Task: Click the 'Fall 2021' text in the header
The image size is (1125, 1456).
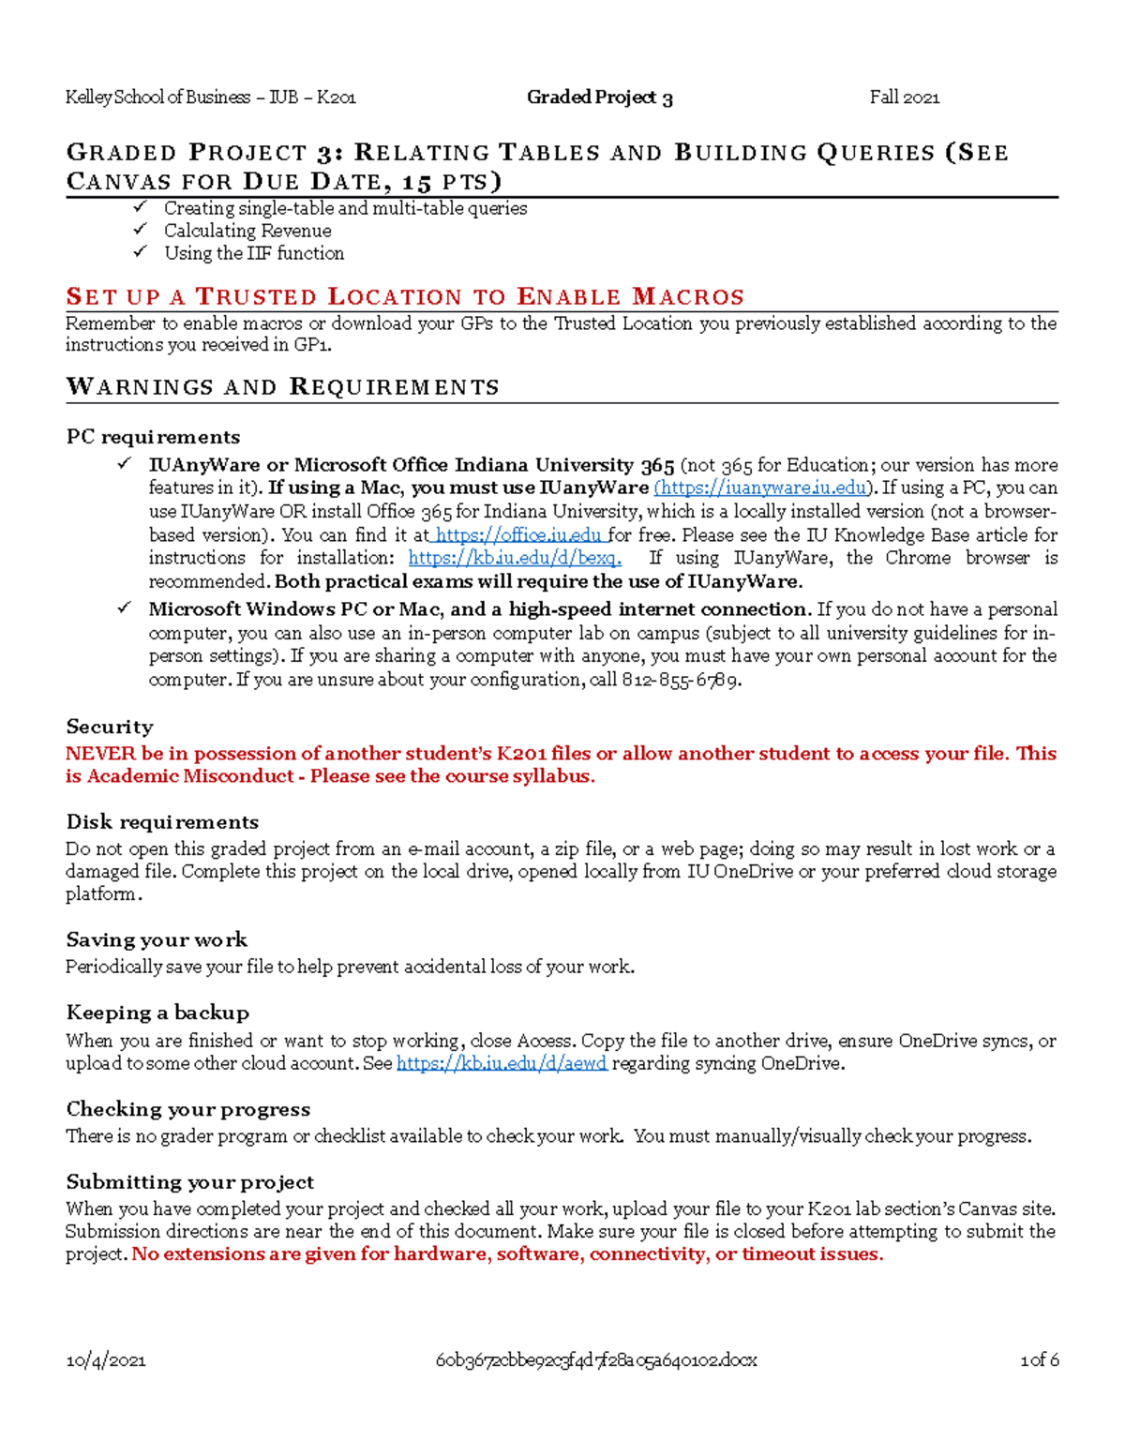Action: pyautogui.click(x=904, y=98)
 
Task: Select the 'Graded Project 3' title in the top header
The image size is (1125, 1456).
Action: pyautogui.click(x=599, y=98)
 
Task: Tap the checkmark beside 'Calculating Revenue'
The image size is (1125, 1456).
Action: pyautogui.click(x=140, y=230)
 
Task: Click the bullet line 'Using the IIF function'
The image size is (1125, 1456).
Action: pyautogui.click(x=253, y=253)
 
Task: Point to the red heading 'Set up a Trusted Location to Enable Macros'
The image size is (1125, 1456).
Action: pyautogui.click(x=404, y=297)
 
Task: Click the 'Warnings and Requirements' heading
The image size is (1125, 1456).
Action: pyautogui.click(x=282, y=387)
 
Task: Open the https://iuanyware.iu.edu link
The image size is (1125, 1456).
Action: pyautogui.click(x=762, y=488)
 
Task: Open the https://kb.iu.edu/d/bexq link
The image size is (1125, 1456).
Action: pyautogui.click(x=514, y=558)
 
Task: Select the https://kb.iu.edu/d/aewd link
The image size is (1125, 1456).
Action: pyautogui.click(x=502, y=1064)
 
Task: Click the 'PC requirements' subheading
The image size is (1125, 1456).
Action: pyautogui.click(x=153, y=437)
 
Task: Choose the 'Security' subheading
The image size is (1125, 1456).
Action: pyautogui.click(x=109, y=727)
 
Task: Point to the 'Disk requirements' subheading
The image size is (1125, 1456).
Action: pyautogui.click(x=162, y=822)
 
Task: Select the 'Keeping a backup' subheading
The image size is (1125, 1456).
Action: pyautogui.click(x=157, y=1013)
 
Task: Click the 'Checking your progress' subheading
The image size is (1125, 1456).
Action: pyautogui.click(x=187, y=1109)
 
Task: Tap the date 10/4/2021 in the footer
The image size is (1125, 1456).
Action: pyautogui.click(x=105, y=1360)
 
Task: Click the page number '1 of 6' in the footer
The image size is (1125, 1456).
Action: pyautogui.click(x=1039, y=1360)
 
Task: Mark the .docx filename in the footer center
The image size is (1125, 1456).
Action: pyautogui.click(x=595, y=1360)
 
